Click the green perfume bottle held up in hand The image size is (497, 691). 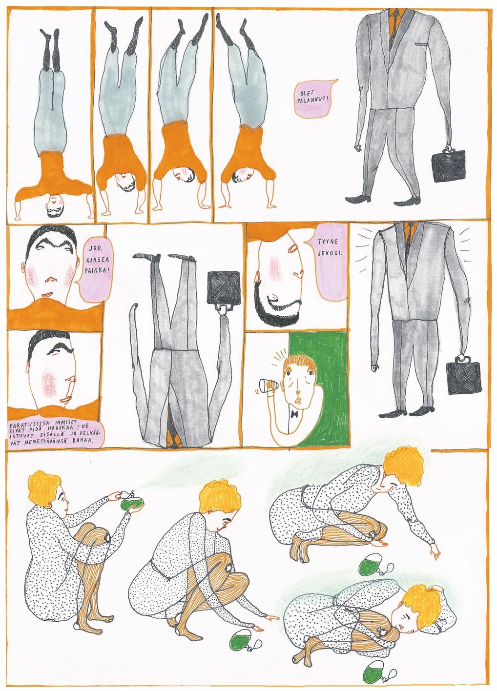129,505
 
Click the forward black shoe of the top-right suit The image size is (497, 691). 358,199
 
